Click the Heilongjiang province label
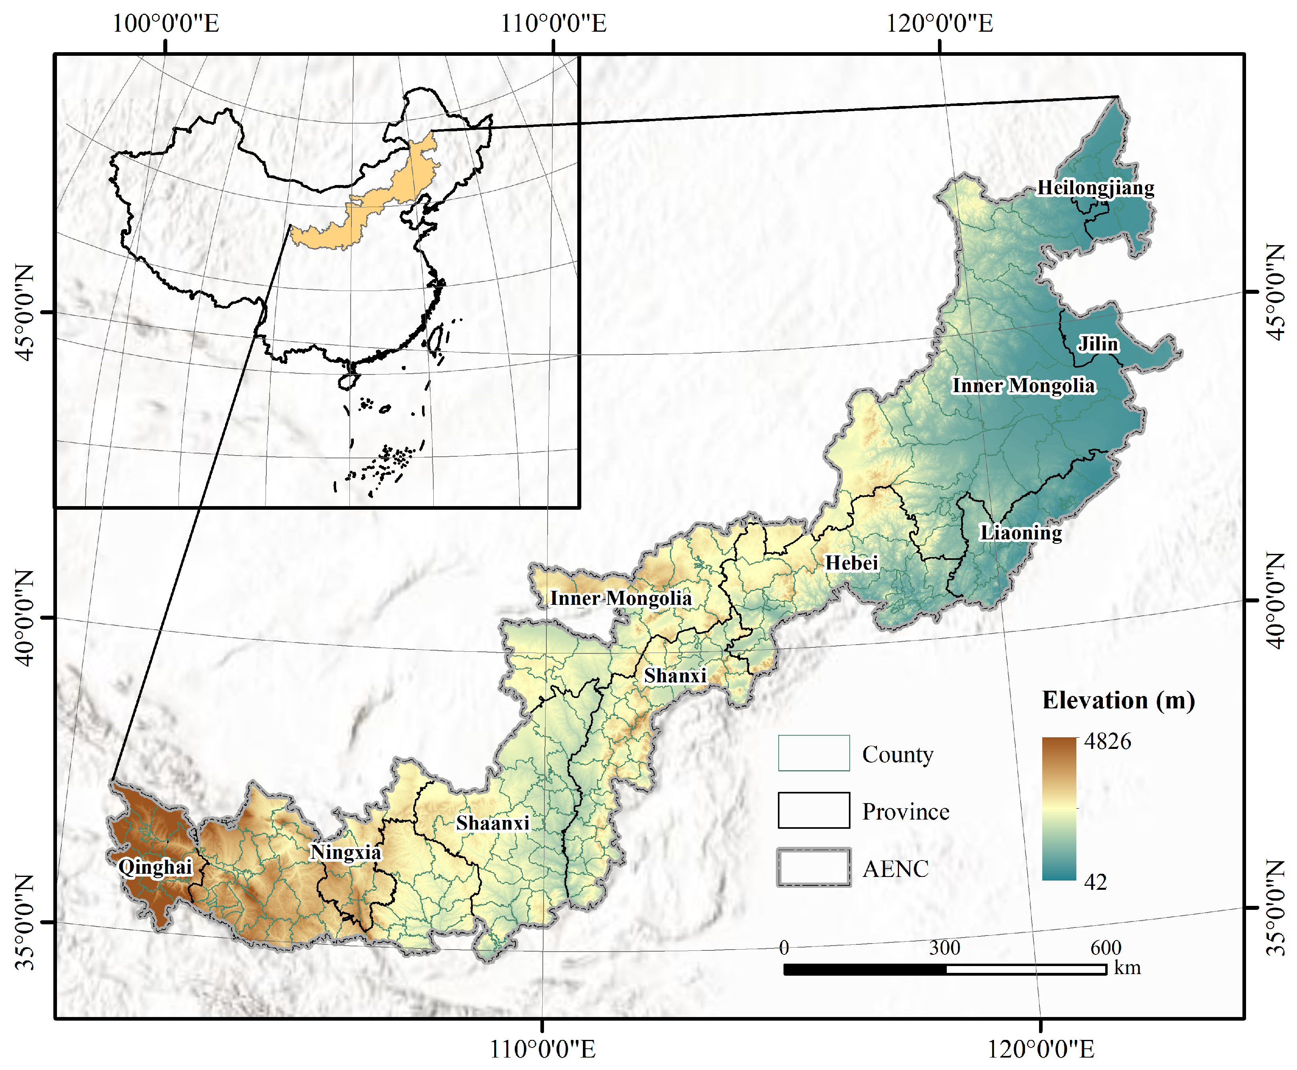1095,187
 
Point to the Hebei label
852,562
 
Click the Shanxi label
675,675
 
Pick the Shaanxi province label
492,823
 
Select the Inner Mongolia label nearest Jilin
1023,385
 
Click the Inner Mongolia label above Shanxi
621,598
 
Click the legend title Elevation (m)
1118,700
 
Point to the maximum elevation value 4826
1107,741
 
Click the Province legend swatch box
813,810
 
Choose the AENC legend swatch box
813,867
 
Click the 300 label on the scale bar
944,947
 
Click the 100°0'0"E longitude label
165,23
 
